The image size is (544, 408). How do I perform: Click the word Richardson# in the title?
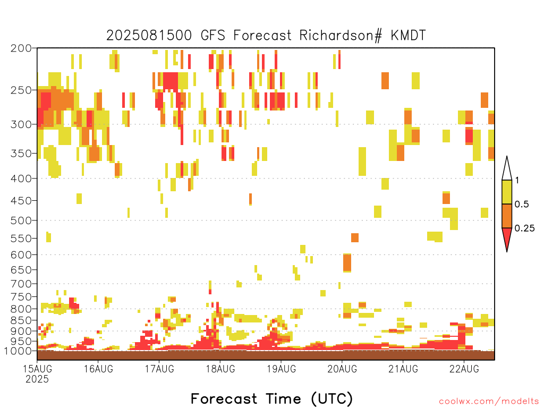341,36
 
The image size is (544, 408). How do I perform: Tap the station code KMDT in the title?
408,36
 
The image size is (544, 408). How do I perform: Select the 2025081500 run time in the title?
149,36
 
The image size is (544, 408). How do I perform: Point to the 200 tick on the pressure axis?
21,48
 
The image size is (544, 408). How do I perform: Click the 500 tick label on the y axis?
21,220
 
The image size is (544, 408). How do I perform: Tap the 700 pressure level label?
21,284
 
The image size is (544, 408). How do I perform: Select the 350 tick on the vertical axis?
21,154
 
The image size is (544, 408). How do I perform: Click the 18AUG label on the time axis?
220,369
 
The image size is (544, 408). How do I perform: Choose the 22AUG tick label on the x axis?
464,369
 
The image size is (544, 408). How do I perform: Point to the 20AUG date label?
343,369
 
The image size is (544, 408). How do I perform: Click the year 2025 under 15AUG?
37,379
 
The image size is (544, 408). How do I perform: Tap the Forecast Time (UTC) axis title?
271,398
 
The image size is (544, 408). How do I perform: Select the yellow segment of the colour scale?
507,192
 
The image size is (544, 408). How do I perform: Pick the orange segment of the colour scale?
507,216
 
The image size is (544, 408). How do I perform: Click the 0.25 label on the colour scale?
524,228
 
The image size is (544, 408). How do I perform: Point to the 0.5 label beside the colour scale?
522,205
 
